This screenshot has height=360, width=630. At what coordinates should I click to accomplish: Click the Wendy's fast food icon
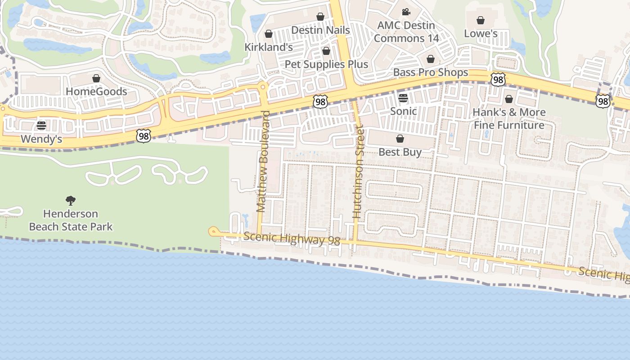(x=41, y=126)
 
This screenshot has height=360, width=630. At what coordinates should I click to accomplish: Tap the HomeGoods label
(x=96, y=91)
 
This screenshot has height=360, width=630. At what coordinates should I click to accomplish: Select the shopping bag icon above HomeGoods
(x=96, y=79)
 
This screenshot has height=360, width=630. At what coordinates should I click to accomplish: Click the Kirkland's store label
(x=269, y=47)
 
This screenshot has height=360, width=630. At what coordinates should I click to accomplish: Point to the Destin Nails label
(x=320, y=30)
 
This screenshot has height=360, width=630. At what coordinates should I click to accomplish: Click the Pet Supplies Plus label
(x=326, y=64)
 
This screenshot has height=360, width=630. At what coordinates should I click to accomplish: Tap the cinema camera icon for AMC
(x=406, y=12)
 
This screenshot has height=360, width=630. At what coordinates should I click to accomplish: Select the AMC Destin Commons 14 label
(x=406, y=32)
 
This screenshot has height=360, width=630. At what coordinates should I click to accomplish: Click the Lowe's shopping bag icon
(x=481, y=20)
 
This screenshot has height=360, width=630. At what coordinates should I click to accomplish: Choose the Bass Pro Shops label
(x=431, y=72)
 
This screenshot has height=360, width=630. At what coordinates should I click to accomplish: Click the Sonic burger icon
(x=403, y=98)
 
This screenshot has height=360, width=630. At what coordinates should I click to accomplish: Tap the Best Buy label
(x=400, y=152)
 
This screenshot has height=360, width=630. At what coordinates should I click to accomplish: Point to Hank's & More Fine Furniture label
(x=509, y=118)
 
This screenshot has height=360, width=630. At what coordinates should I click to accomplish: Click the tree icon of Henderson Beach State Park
(x=71, y=201)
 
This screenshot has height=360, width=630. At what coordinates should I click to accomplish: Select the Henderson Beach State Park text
(x=71, y=220)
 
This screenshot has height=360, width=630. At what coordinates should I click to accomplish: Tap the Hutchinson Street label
(x=358, y=172)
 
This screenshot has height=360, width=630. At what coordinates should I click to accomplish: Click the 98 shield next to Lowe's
(x=498, y=80)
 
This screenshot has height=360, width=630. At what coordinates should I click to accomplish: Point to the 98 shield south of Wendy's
(x=143, y=135)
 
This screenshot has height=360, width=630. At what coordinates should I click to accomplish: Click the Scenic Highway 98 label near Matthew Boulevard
(x=292, y=238)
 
